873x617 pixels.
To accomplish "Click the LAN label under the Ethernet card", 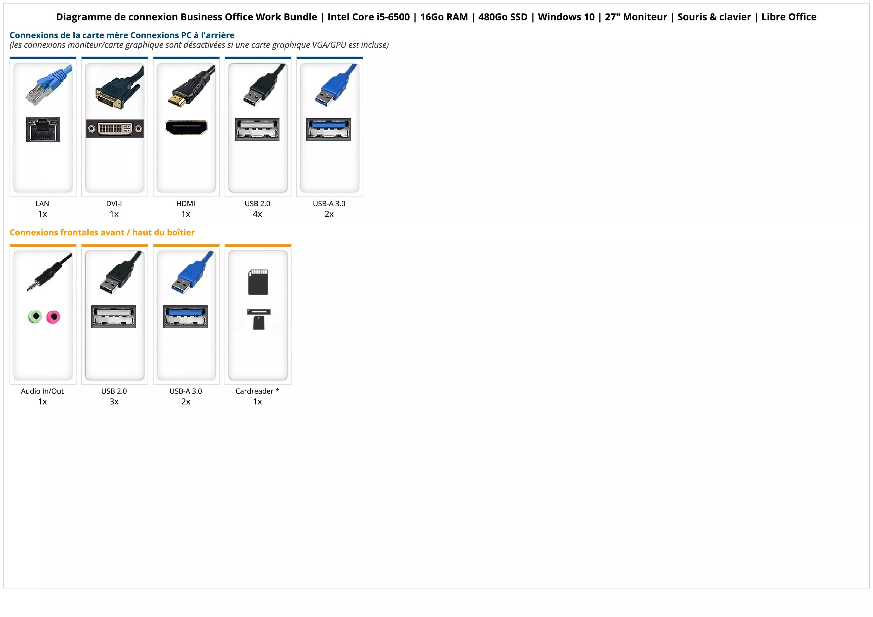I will (x=42, y=203).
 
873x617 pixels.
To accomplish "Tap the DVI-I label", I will (x=114, y=203).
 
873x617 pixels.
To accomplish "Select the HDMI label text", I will (x=186, y=203).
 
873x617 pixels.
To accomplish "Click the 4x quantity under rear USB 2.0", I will (x=257, y=214).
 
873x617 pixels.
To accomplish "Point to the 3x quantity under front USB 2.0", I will (x=114, y=401).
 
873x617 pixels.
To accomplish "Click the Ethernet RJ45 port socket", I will (x=43, y=130).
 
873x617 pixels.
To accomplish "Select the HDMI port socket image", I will (x=186, y=127).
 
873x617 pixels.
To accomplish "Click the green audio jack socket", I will (x=35, y=316).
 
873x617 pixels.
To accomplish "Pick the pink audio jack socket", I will (x=53, y=317).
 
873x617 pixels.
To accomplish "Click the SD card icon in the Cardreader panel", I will (x=258, y=282).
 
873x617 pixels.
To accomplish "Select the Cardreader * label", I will (x=257, y=391).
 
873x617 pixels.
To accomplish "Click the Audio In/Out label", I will (x=42, y=391).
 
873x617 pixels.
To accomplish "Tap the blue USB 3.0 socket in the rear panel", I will (x=329, y=129).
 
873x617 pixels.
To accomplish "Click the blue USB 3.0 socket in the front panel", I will (x=186, y=317).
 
